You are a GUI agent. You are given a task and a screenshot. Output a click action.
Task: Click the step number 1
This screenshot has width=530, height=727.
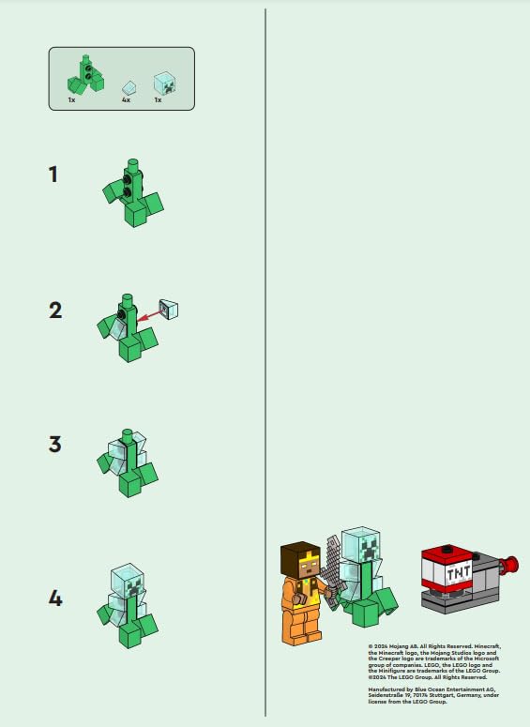click(54, 174)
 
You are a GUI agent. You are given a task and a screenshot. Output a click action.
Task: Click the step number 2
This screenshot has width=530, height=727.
click(55, 310)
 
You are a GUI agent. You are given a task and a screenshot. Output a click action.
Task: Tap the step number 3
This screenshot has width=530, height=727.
click(55, 444)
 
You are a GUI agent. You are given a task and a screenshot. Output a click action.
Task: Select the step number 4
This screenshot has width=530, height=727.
click(55, 598)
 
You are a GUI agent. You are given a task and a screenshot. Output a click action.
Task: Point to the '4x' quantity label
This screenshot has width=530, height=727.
click(126, 98)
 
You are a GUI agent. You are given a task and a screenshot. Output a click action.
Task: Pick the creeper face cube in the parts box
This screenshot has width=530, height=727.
click(164, 83)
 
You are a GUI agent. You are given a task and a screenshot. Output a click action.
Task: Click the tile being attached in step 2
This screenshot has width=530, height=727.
click(169, 308)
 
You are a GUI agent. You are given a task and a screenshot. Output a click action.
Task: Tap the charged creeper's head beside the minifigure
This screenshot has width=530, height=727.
click(360, 545)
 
